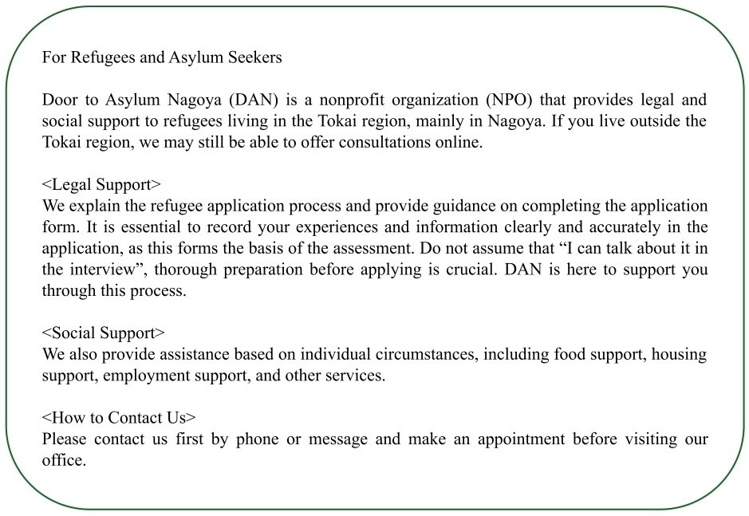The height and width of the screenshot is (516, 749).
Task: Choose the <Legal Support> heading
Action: (x=101, y=185)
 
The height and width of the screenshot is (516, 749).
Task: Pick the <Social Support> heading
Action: (x=104, y=333)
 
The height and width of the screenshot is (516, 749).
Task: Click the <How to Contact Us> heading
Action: (x=119, y=418)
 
